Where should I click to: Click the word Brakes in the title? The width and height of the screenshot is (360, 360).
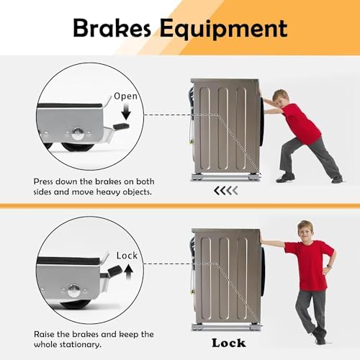point(112,28)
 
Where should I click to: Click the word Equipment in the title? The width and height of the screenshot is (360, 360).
point(223,30)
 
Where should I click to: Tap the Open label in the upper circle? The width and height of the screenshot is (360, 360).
point(125,96)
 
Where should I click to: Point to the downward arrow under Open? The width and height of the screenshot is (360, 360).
point(126,112)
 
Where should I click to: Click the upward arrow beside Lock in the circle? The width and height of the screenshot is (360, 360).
point(129,271)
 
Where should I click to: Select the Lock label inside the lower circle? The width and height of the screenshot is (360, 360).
point(127,256)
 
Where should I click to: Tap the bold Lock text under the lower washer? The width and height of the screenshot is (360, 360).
point(229,343)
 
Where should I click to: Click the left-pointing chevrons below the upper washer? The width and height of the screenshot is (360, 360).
point(226,191)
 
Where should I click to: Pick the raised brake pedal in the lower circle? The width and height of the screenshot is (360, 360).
point(112,272)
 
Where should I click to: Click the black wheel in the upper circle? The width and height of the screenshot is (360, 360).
point(77,147)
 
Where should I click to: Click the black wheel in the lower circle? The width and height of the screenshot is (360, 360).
point(76,304)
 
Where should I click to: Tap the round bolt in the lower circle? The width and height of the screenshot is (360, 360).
point(73,290)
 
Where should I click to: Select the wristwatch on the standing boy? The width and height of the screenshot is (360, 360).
point(330,266)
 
